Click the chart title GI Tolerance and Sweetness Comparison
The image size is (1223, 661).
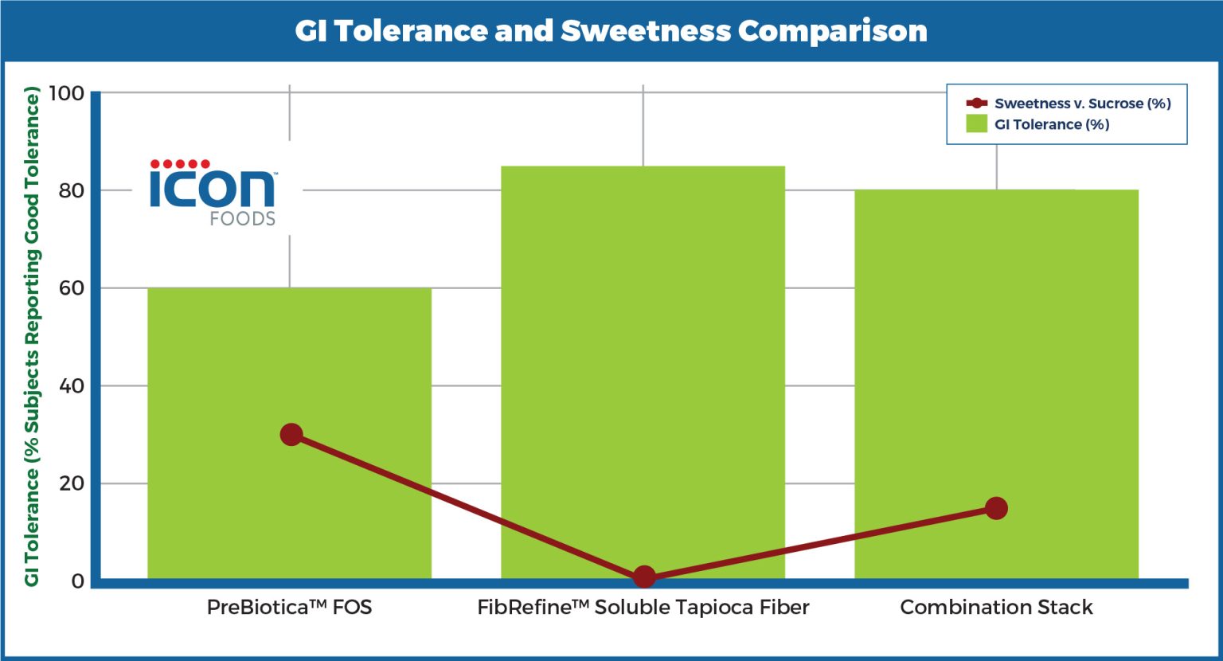click(611, 31)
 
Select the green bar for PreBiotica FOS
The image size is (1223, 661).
click(289, 358)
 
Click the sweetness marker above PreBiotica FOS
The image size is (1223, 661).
click(291, 435)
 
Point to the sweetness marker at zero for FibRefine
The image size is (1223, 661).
click(644, 577)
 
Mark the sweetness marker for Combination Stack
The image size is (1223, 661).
click(996, 508)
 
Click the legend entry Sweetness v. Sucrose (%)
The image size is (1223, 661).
click(1082, 104)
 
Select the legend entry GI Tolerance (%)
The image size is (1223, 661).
click(1051, 124)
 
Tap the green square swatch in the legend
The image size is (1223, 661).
click(976, 124)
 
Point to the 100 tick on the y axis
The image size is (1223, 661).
click(67, 93)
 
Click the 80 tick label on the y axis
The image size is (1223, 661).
click(71, 190)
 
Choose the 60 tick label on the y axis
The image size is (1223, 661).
click(71, 288)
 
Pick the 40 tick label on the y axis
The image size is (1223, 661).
click(71, 386)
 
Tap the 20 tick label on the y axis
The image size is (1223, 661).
click(71, 483)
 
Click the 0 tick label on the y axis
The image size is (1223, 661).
click(77, 581)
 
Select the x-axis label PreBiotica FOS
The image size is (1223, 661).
click(289, 608)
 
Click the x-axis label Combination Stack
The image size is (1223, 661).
click(996, 608)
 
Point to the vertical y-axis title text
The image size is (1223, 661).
click(32, 338)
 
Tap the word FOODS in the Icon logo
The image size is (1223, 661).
click(243, 218)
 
